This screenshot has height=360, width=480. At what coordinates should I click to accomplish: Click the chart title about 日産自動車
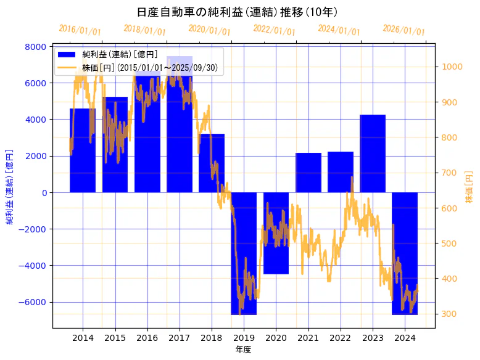(237, 12)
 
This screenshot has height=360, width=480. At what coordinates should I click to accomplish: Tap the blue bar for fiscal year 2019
(244, 253)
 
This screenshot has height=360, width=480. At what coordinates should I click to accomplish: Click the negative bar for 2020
(276, 233)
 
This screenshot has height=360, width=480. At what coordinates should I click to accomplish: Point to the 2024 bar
(405, 253)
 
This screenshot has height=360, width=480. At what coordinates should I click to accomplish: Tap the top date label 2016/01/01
(80, 30)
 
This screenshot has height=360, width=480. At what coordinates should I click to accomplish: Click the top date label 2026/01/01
(403, 30)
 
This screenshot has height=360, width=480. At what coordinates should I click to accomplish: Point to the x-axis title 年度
(244, 350)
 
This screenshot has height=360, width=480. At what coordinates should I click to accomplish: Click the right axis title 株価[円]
(470, 188)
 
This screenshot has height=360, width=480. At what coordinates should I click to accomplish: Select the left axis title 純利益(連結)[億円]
(9, 186)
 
